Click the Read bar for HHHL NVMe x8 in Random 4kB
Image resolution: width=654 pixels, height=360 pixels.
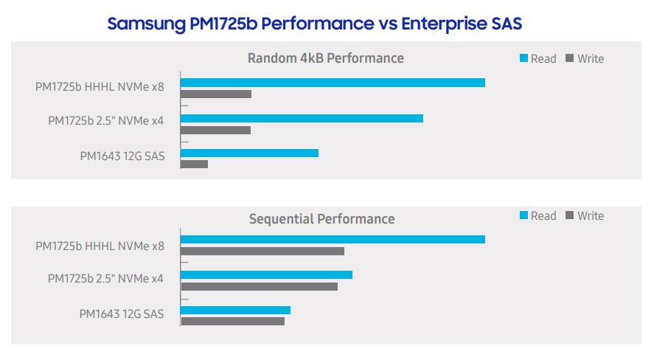click(x=333, y=83)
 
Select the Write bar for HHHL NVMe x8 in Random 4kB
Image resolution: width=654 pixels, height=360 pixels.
click(x=216, y=94)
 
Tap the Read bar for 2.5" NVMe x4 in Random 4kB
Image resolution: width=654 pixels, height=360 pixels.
click(x=302, y=119)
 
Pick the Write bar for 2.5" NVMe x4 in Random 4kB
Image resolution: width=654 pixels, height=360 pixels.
click(x=215, y=130)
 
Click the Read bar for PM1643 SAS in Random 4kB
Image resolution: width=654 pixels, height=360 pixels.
click(x=249, y=153)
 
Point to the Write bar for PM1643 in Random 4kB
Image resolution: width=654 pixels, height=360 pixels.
click(x=195, y=165)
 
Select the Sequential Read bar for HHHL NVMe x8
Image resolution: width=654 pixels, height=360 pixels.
click(x=333, y=240)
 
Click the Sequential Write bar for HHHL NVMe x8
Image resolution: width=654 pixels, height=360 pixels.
click(x=262, y=251)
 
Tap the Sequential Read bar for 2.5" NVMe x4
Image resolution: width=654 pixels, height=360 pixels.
click(x=266, y=275)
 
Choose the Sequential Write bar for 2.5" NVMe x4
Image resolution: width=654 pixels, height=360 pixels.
click(x=260, y=286)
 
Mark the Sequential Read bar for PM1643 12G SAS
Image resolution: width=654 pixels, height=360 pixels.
click(x=236, y=311)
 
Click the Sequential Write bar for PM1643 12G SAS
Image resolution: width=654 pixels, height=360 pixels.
click(x=233, y=321)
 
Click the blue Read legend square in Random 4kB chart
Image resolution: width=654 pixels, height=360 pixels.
click(x=524, y=58)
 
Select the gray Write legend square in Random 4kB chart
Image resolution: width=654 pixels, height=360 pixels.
click(x=570, y=58)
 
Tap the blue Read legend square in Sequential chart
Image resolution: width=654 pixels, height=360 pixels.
click(x=524, y=215)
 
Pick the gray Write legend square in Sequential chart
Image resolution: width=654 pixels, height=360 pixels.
click(x=570, y=215)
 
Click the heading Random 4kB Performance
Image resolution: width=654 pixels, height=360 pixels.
click(x=326, y=58)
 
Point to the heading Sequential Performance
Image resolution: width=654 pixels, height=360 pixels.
click(x=322, y=219)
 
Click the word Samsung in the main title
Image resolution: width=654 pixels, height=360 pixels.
click(x=147, y=24)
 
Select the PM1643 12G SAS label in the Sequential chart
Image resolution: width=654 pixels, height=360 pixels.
click(x=122, y=314)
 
